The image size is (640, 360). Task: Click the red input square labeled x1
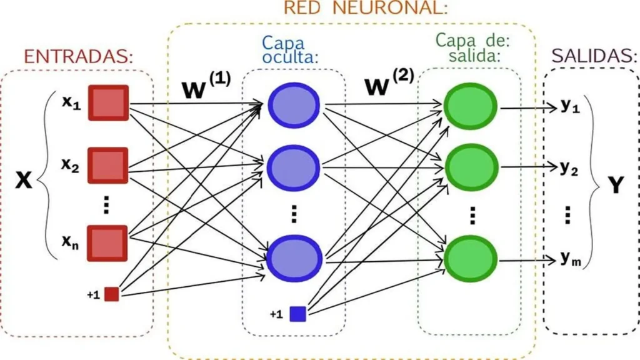[x=107, y=102]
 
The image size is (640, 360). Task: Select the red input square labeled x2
[x=107, y=165]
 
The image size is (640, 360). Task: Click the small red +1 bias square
[x=111, y=294]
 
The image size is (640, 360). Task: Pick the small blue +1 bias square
[x=297, y=314]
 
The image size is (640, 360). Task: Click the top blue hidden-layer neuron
[x=294, y=104]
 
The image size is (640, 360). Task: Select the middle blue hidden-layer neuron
[x=294, y=166]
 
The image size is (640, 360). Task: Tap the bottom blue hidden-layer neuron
[x=294, y=257]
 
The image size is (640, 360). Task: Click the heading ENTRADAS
[x=79, y=57]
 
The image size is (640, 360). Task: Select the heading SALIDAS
[x=590, y=57]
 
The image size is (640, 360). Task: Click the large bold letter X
[x=23, y=181]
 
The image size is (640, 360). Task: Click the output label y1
[x=569, y=107]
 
